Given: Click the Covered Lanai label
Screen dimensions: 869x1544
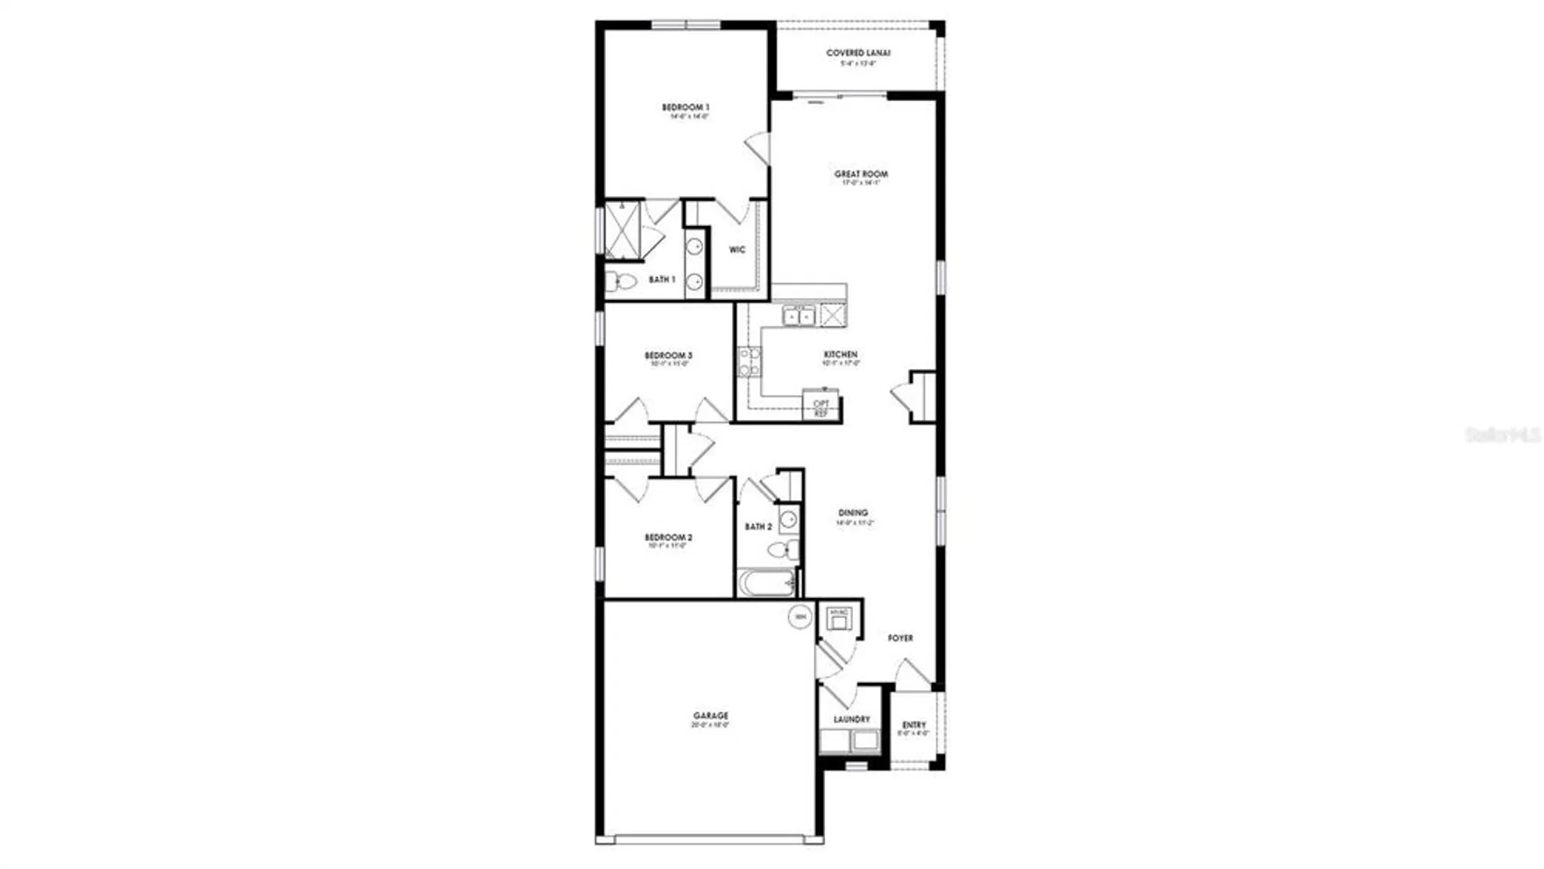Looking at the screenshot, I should [858, 53].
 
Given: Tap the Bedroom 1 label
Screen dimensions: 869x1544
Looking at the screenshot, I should [686, 107].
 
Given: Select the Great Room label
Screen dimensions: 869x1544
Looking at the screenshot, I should [861, 174].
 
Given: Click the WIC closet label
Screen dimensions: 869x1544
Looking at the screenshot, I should [737, 249].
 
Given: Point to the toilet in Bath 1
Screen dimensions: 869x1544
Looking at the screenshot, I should [621, 282].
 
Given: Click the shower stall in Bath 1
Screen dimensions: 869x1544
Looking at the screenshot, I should [622, 229].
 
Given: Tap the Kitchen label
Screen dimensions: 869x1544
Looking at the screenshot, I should [841, 354].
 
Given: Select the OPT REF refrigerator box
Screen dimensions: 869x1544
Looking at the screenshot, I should [821, 407].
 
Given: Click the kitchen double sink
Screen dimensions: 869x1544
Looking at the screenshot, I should [799, 316].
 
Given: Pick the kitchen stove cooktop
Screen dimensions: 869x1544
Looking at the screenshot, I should [749, 361].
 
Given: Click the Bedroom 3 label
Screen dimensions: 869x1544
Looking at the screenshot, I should [669, 356].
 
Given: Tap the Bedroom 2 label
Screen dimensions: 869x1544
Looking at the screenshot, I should [669, 537].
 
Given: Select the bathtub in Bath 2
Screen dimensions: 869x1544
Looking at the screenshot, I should [766, 583].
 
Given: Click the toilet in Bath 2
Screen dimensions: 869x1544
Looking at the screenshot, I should [783, 550].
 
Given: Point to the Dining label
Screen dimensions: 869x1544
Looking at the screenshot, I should [853, 512].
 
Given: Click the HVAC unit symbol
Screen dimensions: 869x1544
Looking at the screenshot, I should [838, 617].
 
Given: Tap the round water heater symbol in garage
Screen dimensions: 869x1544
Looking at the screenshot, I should [800, 617].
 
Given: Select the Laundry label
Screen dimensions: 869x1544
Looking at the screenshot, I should [852, 719].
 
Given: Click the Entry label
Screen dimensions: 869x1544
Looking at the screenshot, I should [914, 725].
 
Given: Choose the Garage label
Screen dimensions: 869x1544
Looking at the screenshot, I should [710, 716].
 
